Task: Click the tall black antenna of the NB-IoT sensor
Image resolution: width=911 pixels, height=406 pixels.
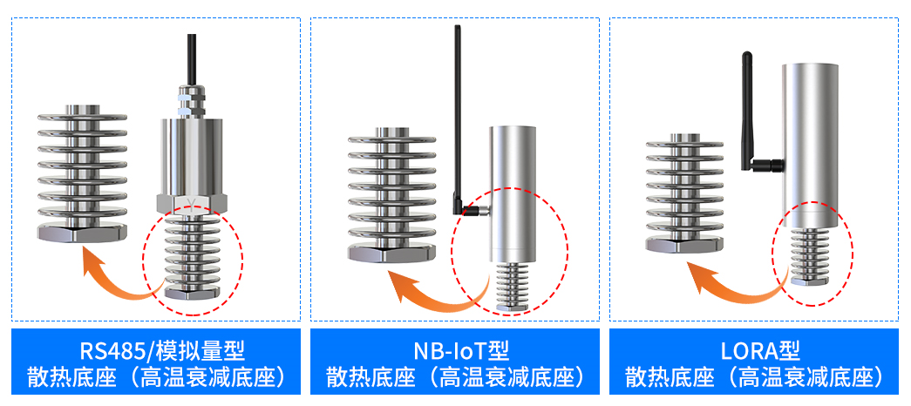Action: tap(459, 116)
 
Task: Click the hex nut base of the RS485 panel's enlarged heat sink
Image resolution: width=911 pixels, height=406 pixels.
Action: tap(82, 233)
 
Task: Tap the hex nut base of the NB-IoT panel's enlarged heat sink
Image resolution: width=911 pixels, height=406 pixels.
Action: tap(391, 253)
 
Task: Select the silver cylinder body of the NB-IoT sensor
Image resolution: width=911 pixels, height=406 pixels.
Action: tap(511, 194)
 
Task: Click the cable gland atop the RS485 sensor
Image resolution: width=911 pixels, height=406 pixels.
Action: tap(192, 101)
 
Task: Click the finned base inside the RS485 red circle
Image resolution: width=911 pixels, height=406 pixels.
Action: tap(193, 256)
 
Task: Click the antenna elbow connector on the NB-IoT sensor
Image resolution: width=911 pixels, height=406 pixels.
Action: tap(473, 209)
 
